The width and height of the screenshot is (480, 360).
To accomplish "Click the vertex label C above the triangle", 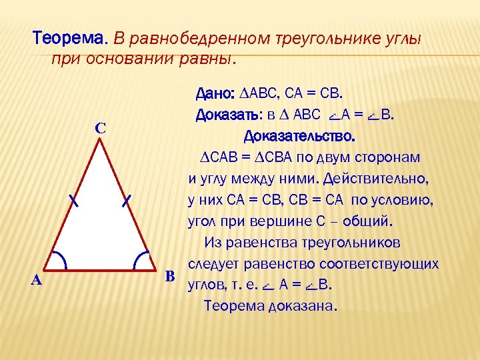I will [99, 127].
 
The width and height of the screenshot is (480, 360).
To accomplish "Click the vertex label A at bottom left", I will [37, 281].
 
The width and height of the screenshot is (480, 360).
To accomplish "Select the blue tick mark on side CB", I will [127, 200].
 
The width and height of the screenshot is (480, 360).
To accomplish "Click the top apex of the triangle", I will [101, 139].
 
